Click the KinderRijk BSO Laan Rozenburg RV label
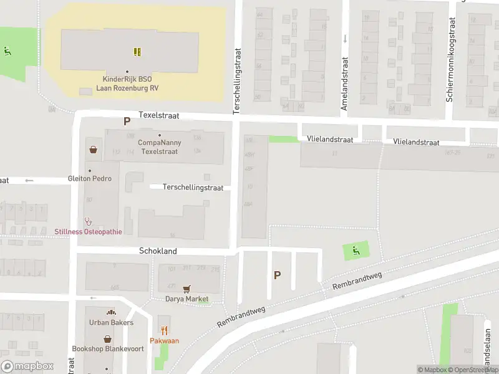(x=127, y=84)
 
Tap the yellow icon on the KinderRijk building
(x=137, y=51)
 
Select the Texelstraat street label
(x=158, y=115)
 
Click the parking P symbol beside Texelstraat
(x=127, y=122)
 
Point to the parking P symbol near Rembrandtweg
(x=277, y=275)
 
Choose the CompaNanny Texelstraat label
(x=160, y=147)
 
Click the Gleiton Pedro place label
(x=90, y=178)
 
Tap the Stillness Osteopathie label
(x=88, y=232)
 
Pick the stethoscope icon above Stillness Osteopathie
(x=88, y=221)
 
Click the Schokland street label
(x=158, y=251)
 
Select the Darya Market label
(x=187, y=299)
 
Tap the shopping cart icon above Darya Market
(x=186, y=289)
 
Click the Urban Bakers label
(x=111, y=322)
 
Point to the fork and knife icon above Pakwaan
(x=165, y=330)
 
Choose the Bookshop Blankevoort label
(x=108, y=348)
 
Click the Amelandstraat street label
(x=344, y=84)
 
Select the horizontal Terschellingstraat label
(x=193, y=187)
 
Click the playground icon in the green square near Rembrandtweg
(x=356, y=251)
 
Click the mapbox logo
(x=27, y=367)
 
